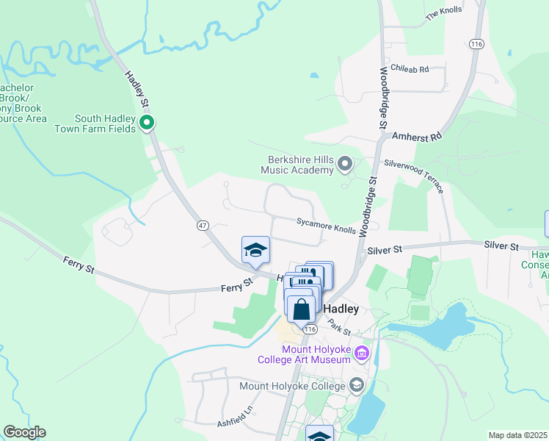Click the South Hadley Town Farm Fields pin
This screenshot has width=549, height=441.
(148, 123)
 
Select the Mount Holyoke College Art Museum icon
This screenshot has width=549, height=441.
(361, 354)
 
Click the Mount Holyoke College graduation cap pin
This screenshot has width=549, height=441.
(357, 385)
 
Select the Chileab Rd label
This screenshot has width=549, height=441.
(409, 68)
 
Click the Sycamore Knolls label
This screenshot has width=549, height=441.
(326, 225)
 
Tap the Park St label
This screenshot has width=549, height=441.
(340, 323)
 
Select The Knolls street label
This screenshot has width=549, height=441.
(443, 12)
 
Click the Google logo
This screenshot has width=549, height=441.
(24, 432)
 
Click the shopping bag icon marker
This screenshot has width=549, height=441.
(301, 309)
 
